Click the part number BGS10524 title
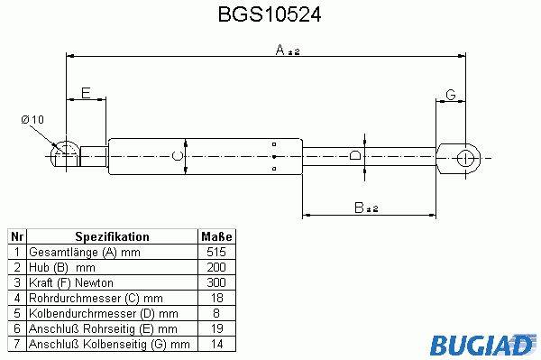tap(270, 14)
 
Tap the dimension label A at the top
tap(280, 50)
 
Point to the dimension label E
tap(86, 93)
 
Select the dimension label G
tap(451, 95)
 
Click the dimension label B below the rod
tap(359, 208)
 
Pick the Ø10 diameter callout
tap(32, 120)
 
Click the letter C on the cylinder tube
tap(177, 156)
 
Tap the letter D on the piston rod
tap(355, 155)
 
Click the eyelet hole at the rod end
tap(466, 159)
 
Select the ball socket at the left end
tap(64, 155)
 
